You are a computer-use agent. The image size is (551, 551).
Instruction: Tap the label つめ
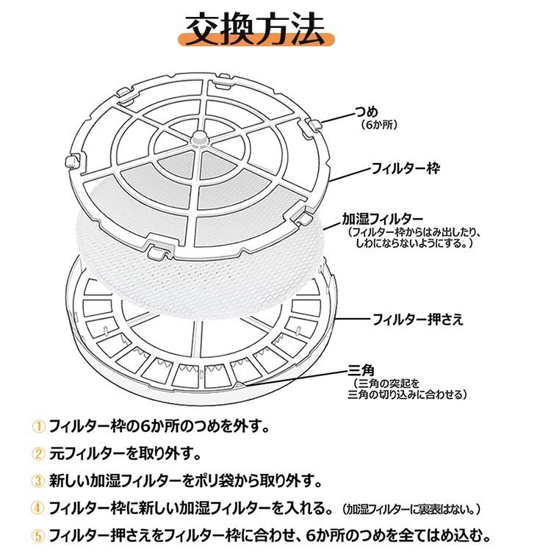tap(367, 112)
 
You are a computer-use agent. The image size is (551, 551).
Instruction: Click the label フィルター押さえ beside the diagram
tap(417, 320)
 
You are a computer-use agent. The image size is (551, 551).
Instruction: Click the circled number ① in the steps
tap(38, 427)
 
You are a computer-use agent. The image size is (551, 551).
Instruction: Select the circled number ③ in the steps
tap(38, 481)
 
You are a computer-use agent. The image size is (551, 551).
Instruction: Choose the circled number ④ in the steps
tap(38, 508)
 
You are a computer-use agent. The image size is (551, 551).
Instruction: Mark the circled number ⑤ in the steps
tap(38, 536)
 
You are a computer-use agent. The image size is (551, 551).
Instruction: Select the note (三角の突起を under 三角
tap(386, 383)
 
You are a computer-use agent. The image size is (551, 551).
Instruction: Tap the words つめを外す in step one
tap(234, 427)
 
